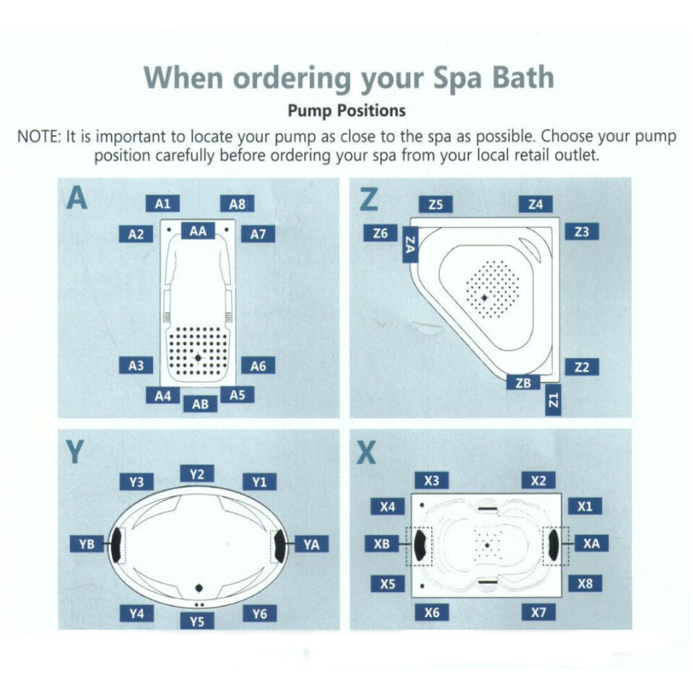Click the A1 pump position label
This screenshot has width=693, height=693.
coord(162,204)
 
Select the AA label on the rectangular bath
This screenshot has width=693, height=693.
coord(198,231)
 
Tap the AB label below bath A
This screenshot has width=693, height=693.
coord(200,404)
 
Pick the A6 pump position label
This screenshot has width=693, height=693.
coord(258,366)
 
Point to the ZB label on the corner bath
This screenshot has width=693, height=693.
coord(523,383)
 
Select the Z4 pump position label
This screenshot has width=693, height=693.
coord(535,204)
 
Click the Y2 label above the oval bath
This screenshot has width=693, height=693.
coord(197,474)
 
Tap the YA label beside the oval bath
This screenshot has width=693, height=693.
coord(311,544)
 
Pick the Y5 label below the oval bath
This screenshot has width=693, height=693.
coord(197,620)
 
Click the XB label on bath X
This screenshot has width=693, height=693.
coord(382,544)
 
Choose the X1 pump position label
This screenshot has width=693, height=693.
coord(585,506)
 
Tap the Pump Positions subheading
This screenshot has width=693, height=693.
coord(346,111)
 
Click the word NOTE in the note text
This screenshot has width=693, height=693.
coord(43,137)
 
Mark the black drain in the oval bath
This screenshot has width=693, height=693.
coord(199,587)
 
